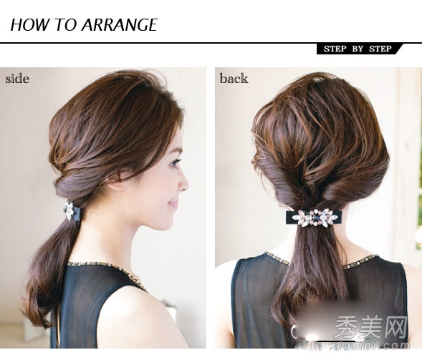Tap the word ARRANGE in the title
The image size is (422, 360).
pos(120,24)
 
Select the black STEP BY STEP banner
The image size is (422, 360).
pos(359,49)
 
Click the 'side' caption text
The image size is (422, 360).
pos(17,79)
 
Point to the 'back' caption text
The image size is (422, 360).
pos(234,78)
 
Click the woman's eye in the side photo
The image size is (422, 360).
pos(176,162)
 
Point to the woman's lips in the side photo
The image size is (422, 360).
pos(174,204)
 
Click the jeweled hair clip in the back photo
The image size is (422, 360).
pos(314,218)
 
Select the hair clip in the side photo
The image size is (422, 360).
pos(72,210)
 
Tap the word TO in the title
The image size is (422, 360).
pos(66,24)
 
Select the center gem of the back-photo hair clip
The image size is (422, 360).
pos(320,216)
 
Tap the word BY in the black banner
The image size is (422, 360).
pos(358,49)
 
